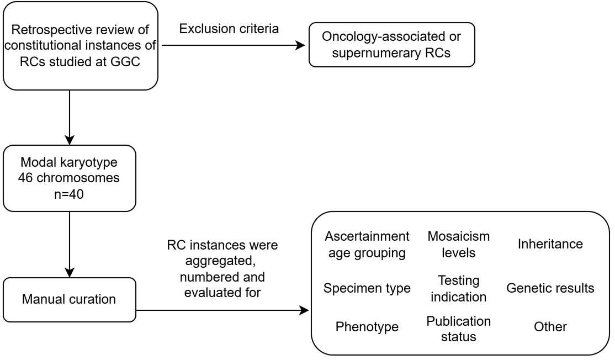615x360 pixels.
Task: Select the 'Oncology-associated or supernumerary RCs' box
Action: tap(391, 45)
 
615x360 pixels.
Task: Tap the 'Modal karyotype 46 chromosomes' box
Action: tap(70, 178)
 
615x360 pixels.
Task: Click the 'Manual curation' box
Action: tap(70, 299)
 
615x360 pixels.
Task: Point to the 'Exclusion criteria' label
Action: tap(229, 29)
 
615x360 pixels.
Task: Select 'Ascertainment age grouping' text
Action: tap(367, 245)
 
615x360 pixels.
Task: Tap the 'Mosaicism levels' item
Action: tap(458, 245)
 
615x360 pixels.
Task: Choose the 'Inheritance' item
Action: tap(550, 244)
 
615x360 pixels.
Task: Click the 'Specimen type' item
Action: tap(367, 288)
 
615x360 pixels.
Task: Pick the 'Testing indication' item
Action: tap(458, 288)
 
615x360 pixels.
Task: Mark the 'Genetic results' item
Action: tap(550, 288)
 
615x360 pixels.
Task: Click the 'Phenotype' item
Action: tap(367, 327)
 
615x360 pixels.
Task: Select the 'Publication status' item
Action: tap(458, 329)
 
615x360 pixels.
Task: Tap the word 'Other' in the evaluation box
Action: tap(550, 327)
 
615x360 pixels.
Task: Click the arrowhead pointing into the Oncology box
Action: tap(301, 45)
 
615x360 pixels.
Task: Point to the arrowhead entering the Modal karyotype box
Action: tap(70, 139)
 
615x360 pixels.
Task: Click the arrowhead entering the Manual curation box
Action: tap(70, 272)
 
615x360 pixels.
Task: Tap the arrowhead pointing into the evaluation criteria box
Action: tap(304, 311)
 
